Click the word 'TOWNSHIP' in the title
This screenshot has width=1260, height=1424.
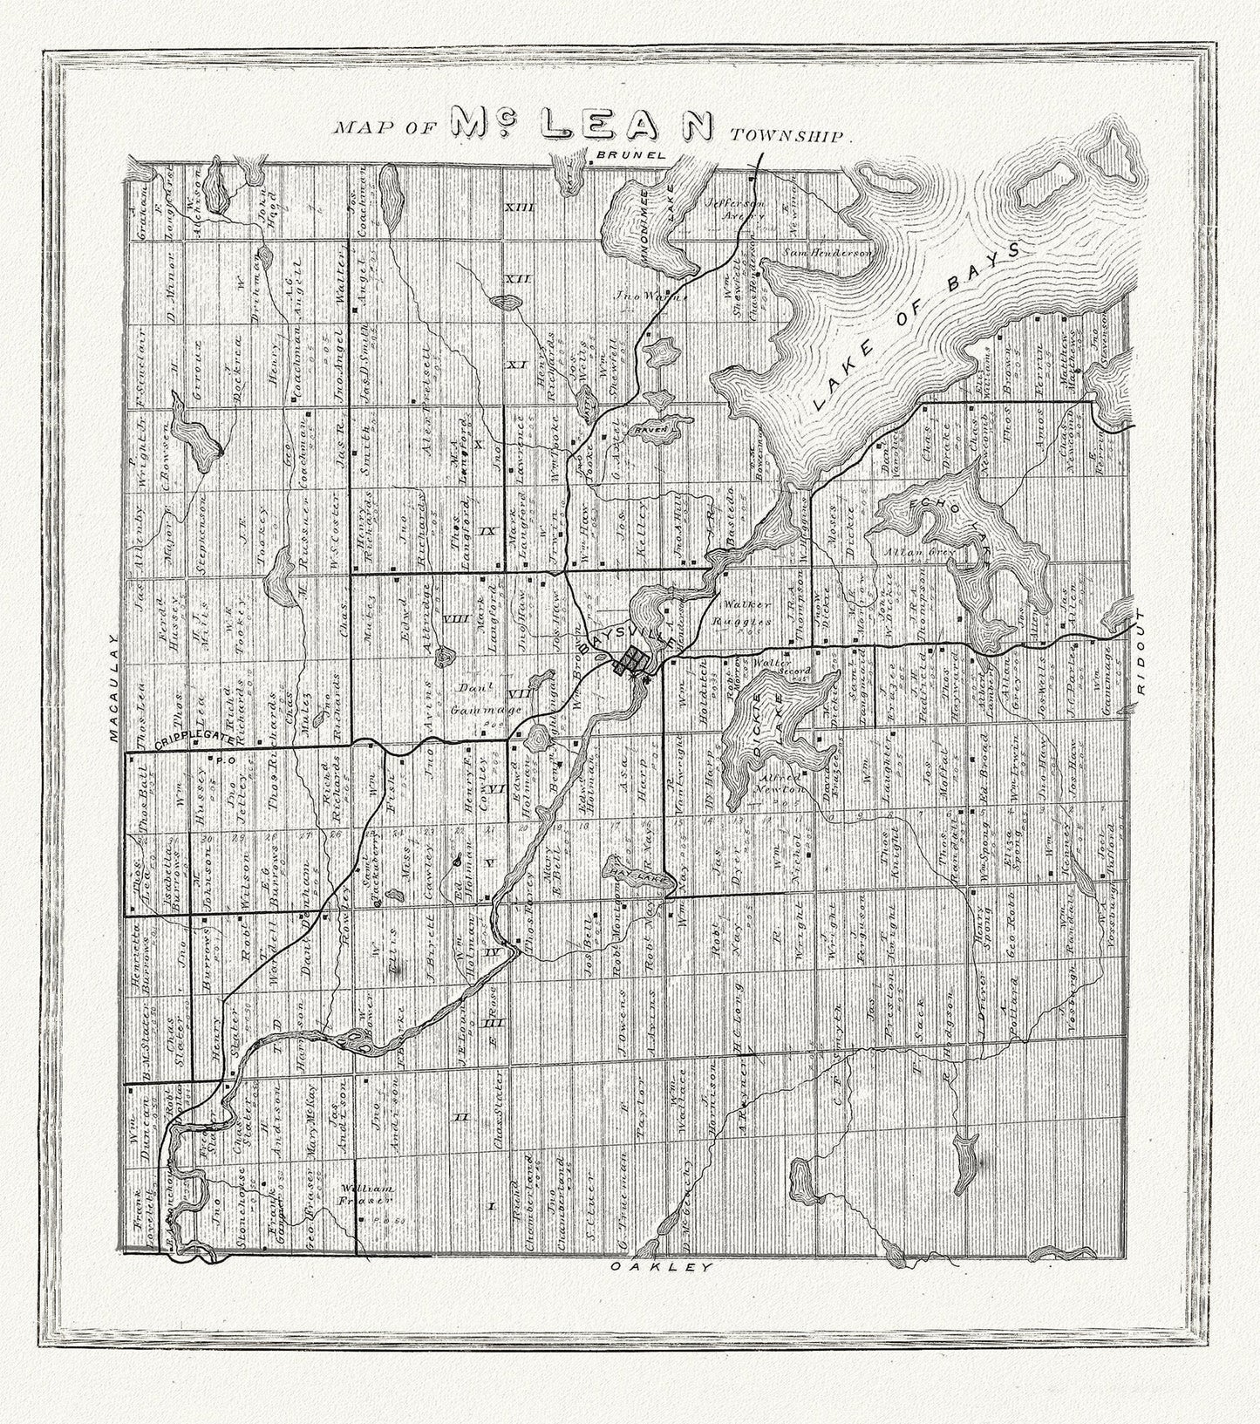tap(789, 136)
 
